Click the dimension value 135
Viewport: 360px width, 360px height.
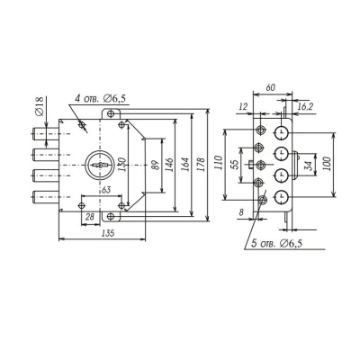coord(108,233)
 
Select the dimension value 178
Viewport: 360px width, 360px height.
coord(201,165)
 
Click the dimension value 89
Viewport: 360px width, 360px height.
coord(155,165)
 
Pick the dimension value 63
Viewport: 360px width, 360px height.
coord(104,190)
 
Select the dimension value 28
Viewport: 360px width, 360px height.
coord(90,216)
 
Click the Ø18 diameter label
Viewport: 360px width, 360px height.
coord(40,106)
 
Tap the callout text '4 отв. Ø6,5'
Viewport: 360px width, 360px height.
coord(100,98)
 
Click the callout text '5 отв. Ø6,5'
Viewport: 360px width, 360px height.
coord(276,244)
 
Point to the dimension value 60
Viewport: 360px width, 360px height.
coord(270,87)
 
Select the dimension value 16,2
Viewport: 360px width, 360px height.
coord(305,106)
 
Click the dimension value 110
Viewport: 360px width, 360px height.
coord(219,163)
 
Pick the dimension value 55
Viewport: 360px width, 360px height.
coord(236,164)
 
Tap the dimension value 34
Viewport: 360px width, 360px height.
coord(309,165)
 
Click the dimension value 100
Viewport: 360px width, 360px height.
coord(327,164)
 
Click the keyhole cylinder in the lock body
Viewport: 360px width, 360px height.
coord(99,165)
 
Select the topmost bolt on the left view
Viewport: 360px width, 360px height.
coord(45,134)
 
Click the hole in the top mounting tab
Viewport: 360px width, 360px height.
coord(111,113)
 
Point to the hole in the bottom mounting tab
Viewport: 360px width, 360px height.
coord(111,216)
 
